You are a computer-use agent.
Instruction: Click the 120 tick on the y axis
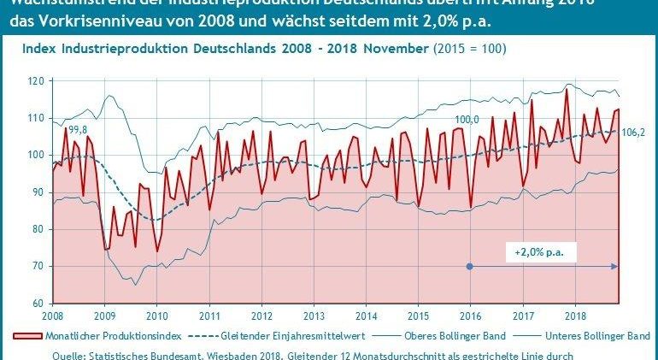[x=36, y=82]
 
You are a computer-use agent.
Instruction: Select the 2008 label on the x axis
[x=52, y=316]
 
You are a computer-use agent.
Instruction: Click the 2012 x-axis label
[x=261, y=316]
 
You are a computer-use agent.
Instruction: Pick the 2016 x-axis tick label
[x=470, y=316]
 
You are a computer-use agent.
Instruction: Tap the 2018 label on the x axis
[x=574, y=316]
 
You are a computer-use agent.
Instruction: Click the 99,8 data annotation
[x=78, y=129]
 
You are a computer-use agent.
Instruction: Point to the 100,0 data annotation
[x=467, y=119]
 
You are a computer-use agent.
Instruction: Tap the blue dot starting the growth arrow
[x=469, y=266]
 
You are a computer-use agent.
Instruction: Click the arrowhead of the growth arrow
[x=616, y=266]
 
